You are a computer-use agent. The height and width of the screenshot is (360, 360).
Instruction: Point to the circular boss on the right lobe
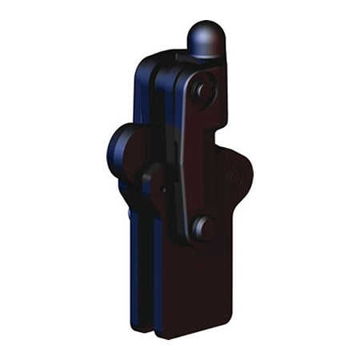(235, 178)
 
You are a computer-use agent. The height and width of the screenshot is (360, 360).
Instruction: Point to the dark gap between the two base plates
(152, 280)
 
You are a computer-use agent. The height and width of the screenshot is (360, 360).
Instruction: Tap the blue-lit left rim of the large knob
(110, 152)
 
